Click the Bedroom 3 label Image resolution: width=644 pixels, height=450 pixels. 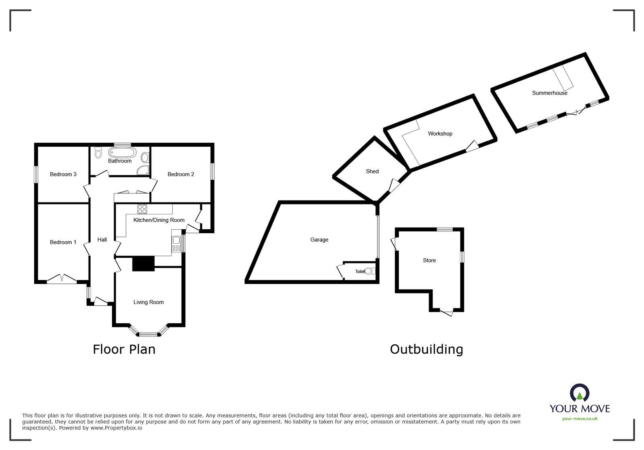click(x=63, y=174)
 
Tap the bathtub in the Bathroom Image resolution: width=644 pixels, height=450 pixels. click(x=122, y=153)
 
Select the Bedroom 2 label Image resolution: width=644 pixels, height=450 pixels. click(x=181, y=174)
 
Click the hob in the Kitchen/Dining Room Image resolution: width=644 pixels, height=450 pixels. click(x=142, y=209)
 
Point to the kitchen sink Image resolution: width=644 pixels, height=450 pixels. click(x=176, y=241)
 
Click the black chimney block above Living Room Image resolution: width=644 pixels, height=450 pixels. click(x=143, y=264)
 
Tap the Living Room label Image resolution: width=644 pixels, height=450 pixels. click(x=149, y=302)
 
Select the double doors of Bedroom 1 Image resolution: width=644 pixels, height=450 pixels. click(x=62, y=279)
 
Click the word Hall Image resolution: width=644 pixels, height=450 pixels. click(x=102, y=240)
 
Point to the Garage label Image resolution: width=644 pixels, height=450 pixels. click(x=319, y=240)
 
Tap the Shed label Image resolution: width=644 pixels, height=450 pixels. click(x=372, y=171)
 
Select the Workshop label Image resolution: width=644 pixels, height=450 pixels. click(x=440, y=134)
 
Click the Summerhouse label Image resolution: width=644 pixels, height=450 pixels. click(x=549, y=93)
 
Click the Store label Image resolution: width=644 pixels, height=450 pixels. click(x=429, y=260)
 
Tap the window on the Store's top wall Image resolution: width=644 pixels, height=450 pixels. click(x=445, y=230)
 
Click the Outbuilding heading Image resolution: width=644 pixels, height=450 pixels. click(x=426, y=349)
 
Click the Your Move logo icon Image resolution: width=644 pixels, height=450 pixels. click(x=580, y=393)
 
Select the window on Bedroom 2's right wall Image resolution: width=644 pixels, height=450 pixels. click(x=212, y=171)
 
